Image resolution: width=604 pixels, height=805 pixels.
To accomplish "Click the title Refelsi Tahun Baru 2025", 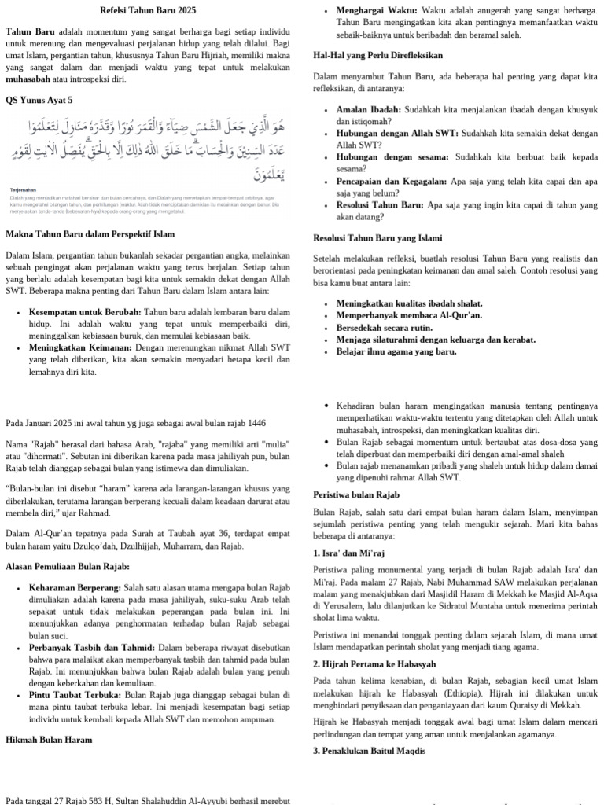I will (149, 11).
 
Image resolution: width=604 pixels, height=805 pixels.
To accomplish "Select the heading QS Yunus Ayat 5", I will (39, 101).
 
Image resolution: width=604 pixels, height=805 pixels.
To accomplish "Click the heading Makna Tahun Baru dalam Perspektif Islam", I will (90, 234).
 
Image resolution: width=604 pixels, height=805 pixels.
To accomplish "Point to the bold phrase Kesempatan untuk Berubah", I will (85, 312).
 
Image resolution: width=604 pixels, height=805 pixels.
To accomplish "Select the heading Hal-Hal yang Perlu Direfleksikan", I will (377, 56).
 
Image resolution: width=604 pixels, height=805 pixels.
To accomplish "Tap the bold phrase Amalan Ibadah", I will (369, 110).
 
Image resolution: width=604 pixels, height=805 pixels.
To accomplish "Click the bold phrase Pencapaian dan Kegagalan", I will (392, 181).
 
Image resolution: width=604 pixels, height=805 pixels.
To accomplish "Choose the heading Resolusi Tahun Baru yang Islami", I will (377, 237).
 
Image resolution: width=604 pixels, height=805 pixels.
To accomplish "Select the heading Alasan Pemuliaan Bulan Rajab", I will (68, 566).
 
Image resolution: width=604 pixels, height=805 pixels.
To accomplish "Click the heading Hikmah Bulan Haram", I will (49, 740).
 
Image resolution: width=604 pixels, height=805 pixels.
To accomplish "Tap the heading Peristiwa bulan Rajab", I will (356, 494).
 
